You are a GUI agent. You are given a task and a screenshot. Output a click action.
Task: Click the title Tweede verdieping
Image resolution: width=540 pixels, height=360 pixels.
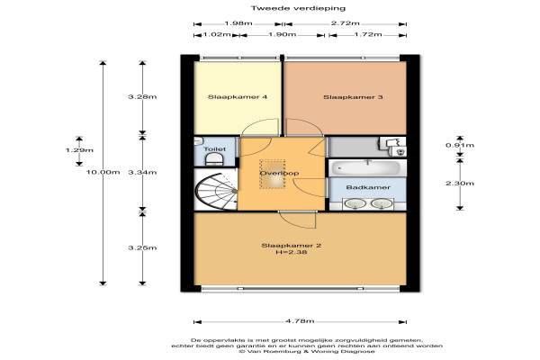tap(298, 8)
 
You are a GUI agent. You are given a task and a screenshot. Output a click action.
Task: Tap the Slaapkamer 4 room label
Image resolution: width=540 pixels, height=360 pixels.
tap(238, 97)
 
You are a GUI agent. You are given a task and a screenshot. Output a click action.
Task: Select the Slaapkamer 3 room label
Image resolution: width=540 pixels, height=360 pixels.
tap(353, 97)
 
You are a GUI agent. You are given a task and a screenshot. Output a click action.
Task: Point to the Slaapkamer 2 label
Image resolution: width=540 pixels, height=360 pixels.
tap(292, 246)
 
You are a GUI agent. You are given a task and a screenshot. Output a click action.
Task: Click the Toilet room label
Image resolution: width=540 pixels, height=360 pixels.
tap(215, 149)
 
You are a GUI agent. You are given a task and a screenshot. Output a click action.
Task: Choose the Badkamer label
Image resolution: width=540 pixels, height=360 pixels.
tap(368, 187)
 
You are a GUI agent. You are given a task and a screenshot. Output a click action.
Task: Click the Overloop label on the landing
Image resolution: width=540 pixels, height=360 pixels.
tap(279, 174)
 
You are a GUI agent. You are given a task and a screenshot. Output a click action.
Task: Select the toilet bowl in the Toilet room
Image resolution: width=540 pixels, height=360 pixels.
tap(214, 160)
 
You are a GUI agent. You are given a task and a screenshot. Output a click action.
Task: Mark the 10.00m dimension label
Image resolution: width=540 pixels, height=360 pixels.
tap(103, 172)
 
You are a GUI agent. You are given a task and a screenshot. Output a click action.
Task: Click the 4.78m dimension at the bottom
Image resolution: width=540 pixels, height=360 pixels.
tap(300, 321)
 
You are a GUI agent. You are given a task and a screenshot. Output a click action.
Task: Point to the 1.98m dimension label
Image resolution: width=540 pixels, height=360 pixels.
tap(238, 23)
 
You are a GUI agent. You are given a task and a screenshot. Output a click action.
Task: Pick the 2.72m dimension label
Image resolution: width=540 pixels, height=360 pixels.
tap(346, 23)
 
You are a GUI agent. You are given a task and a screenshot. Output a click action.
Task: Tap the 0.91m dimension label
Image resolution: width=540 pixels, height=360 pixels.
tap(460, 145)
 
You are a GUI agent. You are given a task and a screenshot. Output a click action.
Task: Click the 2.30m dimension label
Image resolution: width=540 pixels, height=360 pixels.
tap(460, 184)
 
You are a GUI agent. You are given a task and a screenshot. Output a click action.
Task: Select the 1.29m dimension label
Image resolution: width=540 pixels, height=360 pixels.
tap(79, 150)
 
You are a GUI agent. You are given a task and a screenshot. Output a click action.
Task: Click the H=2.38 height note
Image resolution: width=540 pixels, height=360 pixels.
tap(292, 252)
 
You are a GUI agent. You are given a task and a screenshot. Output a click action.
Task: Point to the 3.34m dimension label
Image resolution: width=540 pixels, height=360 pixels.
tap(142, 172)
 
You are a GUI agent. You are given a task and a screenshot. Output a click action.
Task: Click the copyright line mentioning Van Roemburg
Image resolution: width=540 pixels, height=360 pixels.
tap(307, 351)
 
